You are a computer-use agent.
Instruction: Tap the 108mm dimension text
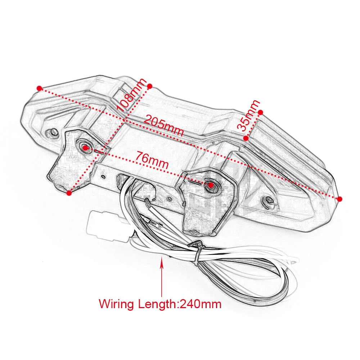131,95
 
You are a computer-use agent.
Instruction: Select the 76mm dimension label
152,160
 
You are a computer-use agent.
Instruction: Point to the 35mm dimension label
248,115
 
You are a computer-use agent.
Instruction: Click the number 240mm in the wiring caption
201,304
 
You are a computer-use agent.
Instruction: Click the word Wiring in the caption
116,304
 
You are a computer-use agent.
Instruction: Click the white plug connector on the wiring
108,226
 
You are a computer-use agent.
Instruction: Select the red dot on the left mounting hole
85,148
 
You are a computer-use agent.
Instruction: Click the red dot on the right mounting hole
211,185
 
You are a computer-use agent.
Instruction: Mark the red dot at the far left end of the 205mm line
40,88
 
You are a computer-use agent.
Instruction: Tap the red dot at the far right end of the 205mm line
340,199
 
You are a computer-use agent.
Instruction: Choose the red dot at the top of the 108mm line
150,86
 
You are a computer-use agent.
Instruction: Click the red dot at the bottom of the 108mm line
69,193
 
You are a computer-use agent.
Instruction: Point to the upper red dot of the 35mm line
260,112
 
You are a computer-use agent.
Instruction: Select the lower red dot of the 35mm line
246,138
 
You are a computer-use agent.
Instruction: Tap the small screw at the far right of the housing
268,200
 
